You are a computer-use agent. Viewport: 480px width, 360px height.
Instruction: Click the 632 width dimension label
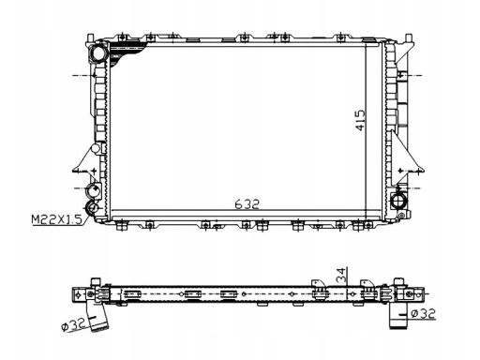click(247, 204)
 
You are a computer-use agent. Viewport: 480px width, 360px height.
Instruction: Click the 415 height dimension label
click(360, 120)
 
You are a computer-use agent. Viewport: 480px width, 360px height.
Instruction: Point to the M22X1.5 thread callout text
click(56, 219)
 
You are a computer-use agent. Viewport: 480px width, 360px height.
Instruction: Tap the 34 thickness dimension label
click(341, 276)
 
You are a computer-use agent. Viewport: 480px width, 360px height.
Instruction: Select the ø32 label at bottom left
click(74, 325)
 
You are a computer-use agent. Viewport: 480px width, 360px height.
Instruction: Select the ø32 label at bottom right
click(423, 313)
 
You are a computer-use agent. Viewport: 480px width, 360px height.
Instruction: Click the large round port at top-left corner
click(97, 52)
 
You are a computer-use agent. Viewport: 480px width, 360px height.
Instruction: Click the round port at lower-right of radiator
click(399, 201)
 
